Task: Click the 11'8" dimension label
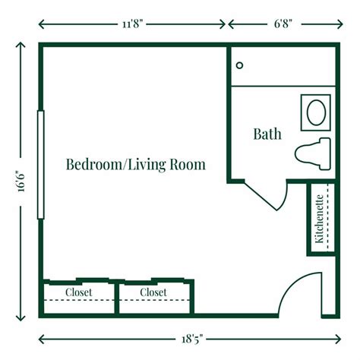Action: point(133,23)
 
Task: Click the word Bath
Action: point(267,134)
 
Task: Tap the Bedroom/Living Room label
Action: point(135,164)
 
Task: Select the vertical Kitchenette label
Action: point(321,219)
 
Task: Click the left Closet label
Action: point(78,292)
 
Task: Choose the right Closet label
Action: point(153,292)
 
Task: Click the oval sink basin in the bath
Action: point(315,112)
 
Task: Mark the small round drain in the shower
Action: point(238,66)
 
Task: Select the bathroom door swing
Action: point(270,194)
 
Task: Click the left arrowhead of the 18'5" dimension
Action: point(42,338)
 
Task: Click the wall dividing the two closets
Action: point(115,297)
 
